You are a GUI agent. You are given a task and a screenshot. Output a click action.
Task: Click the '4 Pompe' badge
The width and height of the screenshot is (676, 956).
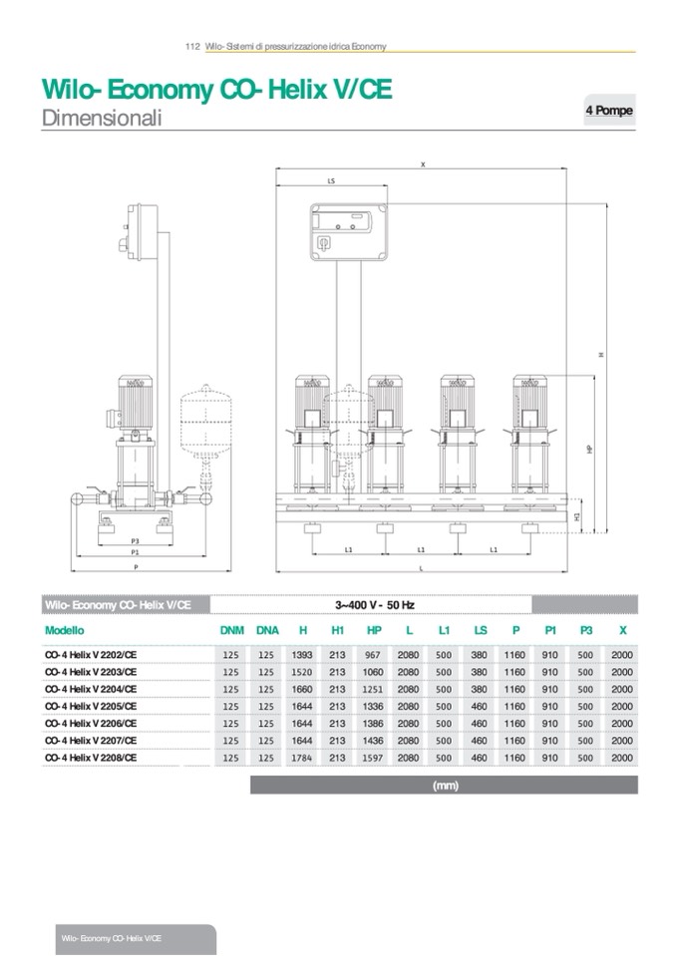coord(608,111)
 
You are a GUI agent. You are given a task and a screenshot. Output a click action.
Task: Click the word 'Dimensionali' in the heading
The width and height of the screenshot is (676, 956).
coord(102,118)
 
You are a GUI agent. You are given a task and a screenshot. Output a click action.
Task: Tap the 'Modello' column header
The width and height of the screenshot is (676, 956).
coord(65,630)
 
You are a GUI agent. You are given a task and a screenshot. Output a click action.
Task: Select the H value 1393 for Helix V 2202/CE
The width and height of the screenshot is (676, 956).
coord(302,655)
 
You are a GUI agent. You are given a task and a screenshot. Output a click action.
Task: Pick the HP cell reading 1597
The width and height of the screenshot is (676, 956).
coord(374,758)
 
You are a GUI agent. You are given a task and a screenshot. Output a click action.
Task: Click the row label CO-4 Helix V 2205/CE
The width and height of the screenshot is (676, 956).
coord(92,706)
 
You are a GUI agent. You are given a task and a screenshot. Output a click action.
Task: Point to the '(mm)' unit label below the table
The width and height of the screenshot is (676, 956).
coord(444,786)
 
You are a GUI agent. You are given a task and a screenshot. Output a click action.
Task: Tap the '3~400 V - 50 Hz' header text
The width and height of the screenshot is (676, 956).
coord(375,604)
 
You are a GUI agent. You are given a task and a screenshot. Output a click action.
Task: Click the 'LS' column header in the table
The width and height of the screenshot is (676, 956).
coord(480,630)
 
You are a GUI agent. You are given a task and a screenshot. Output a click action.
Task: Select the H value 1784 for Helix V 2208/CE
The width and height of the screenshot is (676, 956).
coord(302,758)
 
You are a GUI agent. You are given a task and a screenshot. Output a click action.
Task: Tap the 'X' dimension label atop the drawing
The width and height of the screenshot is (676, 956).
coord(423,163)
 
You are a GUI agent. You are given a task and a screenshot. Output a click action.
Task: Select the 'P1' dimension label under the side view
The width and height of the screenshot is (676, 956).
coord(135,551)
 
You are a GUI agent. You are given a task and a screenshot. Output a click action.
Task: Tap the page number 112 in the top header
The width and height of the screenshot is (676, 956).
coord(193,46)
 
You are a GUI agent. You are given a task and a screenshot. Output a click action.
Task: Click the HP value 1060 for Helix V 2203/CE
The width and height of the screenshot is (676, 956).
coord(374,672)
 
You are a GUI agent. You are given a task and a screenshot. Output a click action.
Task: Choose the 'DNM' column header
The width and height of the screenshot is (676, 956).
coord(231,630)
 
